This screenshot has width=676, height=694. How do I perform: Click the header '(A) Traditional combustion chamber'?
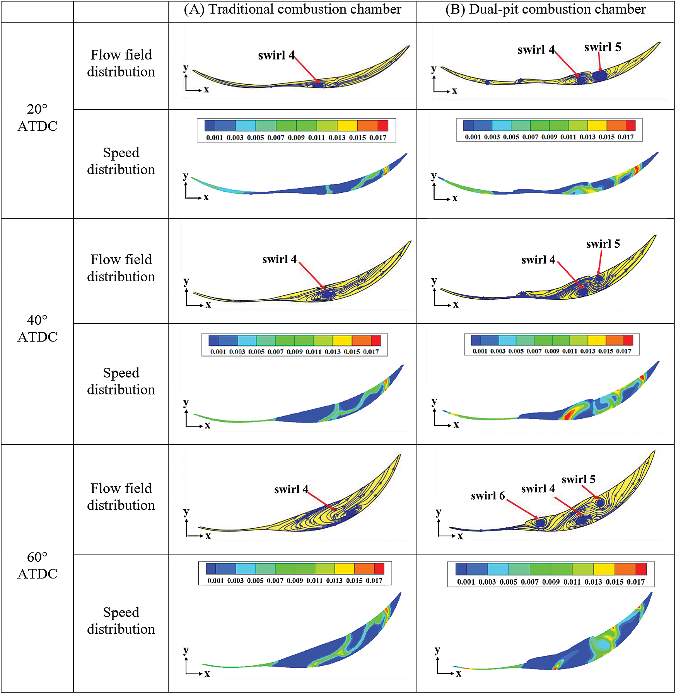pyautogui.click(x=292, y=9)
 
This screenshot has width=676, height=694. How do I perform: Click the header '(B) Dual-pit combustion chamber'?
pyautogui.click(x=545, y=9)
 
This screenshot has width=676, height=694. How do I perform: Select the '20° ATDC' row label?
pyautogui.click(x=37, y=117)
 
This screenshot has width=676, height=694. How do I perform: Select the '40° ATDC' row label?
pyautogui.click(x=37, y=328)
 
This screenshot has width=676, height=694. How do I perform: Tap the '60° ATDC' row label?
pyautogui.click(x=37, y=565)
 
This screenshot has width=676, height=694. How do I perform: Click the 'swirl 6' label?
pyautogui.click(x=488, y=495)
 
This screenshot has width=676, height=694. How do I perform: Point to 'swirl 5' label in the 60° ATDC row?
pyautogui.click(x=579, y=479)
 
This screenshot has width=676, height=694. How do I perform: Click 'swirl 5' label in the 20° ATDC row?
pyautogui.click(x=603, y=47)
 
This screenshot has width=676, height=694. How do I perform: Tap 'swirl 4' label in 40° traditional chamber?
pyautogui.click(x=279, y=259)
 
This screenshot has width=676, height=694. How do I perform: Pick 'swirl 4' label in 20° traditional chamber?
pyautogui.click(x=276, y=55)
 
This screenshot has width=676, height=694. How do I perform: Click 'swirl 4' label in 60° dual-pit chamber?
pyautogui.click(x=538, y=489)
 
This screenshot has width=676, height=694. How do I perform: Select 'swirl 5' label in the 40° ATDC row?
pyautogui.click(x=603, y=244)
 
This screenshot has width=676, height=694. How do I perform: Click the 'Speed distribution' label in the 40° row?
pyautogui.click(x=121, y=381)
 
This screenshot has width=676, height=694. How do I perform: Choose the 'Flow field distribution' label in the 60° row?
pyautogui.click(x=121, y=497)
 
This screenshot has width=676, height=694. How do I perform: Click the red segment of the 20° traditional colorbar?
pyautogui.click(x=382, y=126)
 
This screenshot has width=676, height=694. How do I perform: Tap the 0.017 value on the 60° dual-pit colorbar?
pyautogui.click(x=636, y=582)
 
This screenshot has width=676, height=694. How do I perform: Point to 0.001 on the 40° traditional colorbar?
pyautogui.click(x=218, y=352)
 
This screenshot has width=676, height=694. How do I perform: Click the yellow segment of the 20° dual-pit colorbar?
pyautogui.click(x=597, y=125)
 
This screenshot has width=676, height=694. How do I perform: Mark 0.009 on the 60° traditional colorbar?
pyautogui.click(x=295, y=580)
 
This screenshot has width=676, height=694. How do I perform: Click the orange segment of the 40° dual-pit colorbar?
pyautogui.click(x=615, y=340)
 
